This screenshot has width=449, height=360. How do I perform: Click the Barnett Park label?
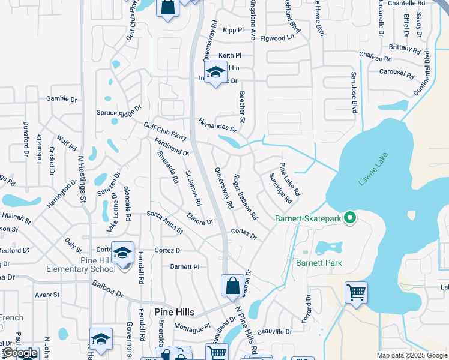pyautogui.click(x=319, y=263)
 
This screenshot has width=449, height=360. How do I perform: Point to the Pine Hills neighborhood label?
pyautogui.click(x=175, y=312)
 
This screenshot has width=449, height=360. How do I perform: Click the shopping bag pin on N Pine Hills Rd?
pyautogui.click(x=232, y=286)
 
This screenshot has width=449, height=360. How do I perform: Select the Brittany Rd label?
pyautogui.click(x=405, y=48)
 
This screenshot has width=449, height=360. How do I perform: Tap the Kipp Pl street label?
pyautogui.click(x=232, y=29)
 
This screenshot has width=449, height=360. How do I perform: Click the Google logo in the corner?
pyautogui.click(x=20, y=353)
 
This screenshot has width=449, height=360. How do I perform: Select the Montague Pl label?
pyautogui.click(x=193, y=326)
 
